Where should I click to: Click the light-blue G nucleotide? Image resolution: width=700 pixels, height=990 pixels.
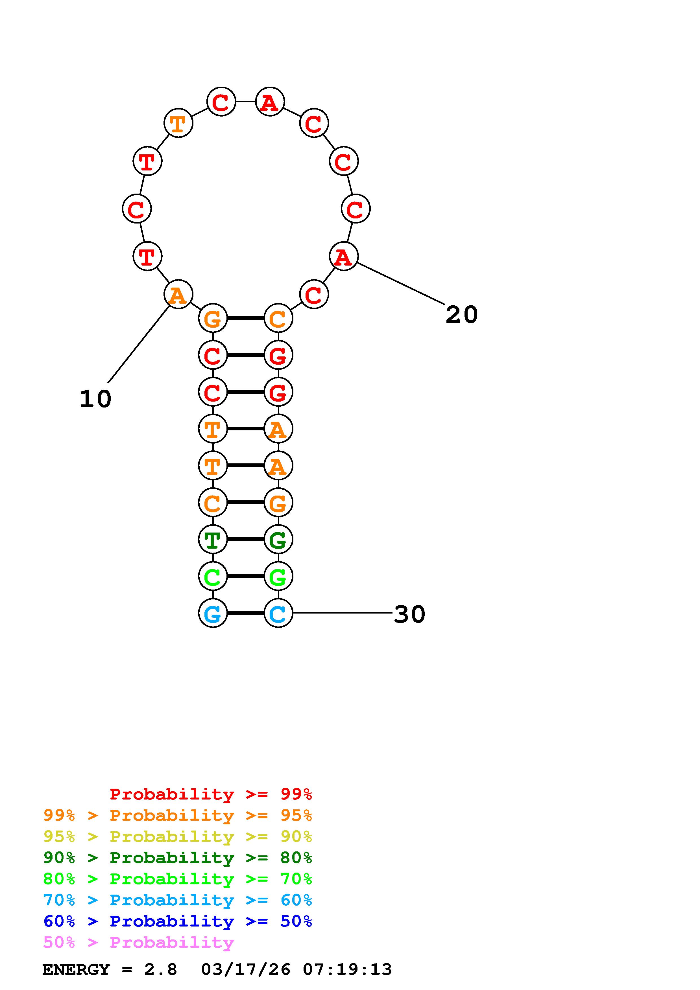click(213, 613)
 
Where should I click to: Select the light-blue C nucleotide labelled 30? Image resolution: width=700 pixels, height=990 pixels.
click(278, 613)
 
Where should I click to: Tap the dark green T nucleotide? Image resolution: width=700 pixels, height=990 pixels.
click(213, 539)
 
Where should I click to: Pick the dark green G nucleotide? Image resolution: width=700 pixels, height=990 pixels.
click(278, 539)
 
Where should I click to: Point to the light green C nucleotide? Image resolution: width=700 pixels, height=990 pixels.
click(213, 576)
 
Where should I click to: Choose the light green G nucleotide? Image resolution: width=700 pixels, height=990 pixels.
click(278, 576)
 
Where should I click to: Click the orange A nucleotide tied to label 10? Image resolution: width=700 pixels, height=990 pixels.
click(178, 295)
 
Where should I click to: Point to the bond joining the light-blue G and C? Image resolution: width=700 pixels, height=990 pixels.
click(245, 613)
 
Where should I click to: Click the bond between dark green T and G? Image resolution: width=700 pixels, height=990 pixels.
click(245, 539)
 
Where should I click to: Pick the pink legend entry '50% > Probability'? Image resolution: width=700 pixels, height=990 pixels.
click(138, 943)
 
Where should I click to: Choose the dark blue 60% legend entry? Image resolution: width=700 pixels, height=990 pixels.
click(178, 921)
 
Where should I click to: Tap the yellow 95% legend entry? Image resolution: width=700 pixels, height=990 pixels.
click(178, 836)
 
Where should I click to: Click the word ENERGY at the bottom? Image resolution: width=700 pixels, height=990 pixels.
click(76, 969)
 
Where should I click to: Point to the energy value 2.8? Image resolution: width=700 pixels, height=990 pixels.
click(160, 969)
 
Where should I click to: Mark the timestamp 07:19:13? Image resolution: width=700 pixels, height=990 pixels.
click(347, 969)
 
